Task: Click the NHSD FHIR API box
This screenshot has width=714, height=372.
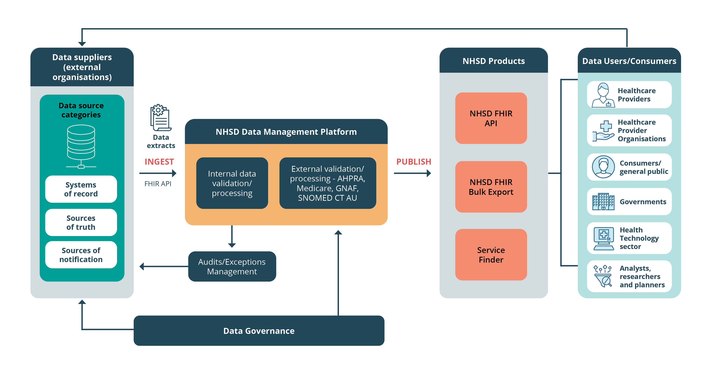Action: (x=491, y=118)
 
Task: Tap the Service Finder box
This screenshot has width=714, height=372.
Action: (x=491, y=255)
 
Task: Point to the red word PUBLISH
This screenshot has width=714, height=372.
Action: (x=413, y=162)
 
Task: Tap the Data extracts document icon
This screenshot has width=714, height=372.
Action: (x=160, y=118)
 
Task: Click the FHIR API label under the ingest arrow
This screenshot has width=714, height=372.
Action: (x=158, y=184)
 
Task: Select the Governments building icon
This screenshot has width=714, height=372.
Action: (x=603, y=202)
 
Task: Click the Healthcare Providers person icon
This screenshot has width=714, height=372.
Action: (x=603, y=95)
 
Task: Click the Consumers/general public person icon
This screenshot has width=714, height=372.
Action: (x=603, y=167)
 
